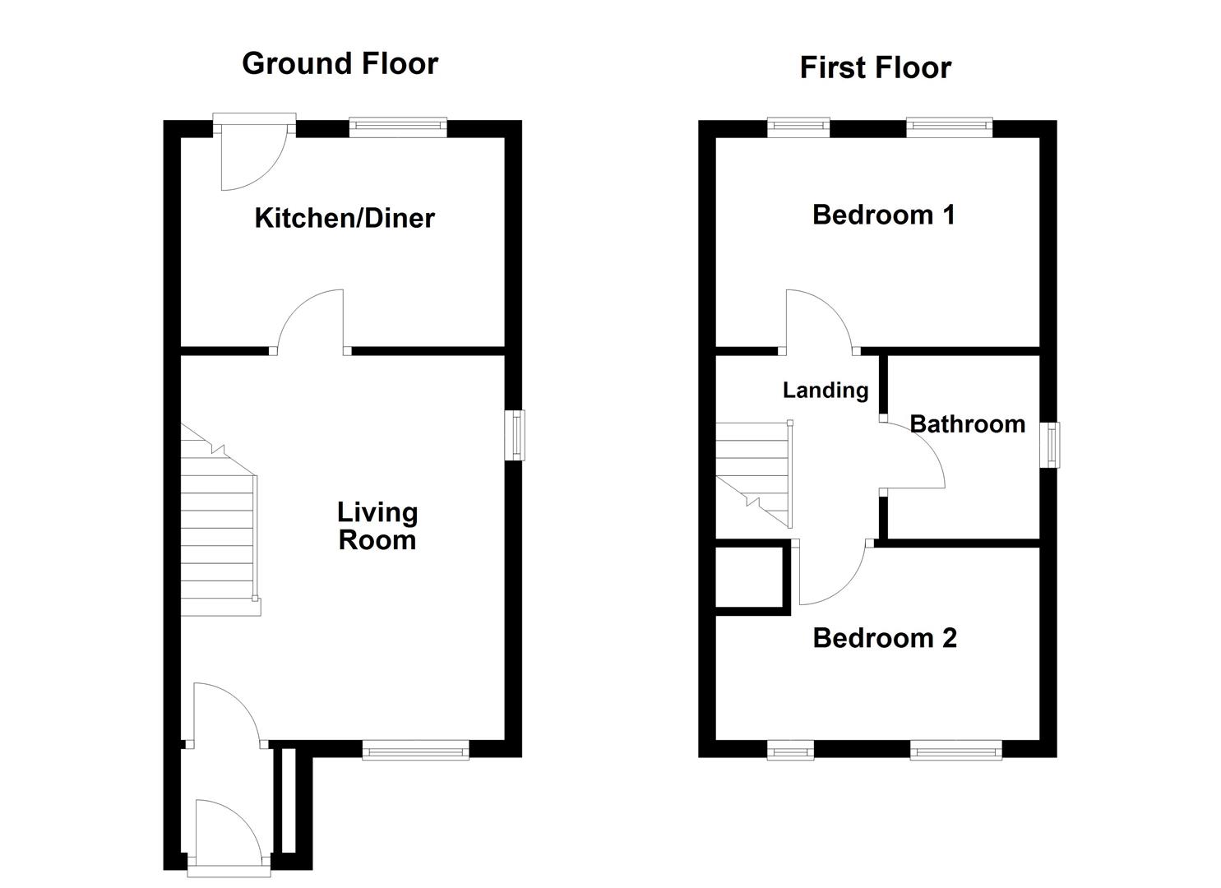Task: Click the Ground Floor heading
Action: pyautogui.click(x=340, y=63)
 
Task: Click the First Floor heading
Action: pyautogui.click(x=875, y=67)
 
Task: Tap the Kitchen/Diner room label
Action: pyautogui.click(x=345, y=218)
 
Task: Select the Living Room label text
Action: pyautogui.click(x=377, y=526)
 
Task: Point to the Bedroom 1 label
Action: pyautogui.click(x=883, y=215)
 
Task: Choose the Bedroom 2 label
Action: pyautogui.click(x=885, y=638)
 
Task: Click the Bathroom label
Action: pyautogui.click(x=967, y=424)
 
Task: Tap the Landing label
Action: pyautogui.click(x=825, y=390)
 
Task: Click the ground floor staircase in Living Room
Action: pyautogui.click(x=218, y=534)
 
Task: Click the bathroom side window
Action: pyautogui.click(x=1050, y=445)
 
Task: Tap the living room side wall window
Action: pyautogui.click(x=515, y=435)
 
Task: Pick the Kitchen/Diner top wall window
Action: pyautogui.click(x=397, y=127)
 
